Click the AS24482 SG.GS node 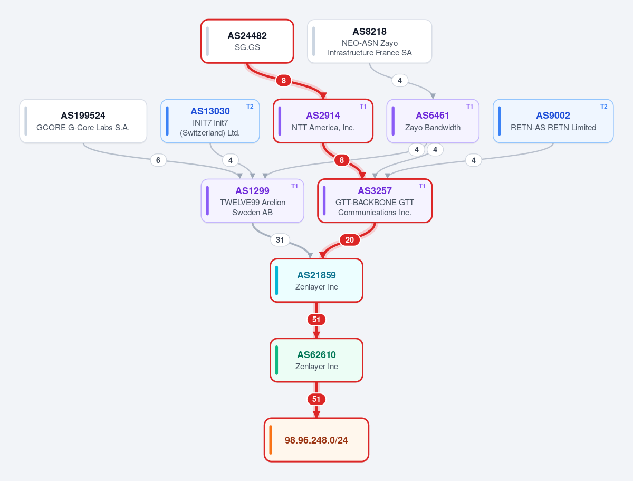pyautogui.click(x=247, y=41)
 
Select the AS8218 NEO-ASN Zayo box pyautogui.click(x=369, y=41)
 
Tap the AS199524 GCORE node pyautogui.click(x=83, y=121)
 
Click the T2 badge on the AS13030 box pyautogui.click(x=250, y=107)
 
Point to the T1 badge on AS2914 pyautogui.click(x=363, y=107)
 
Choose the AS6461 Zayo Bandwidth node pyautogui.click(x=433, y=121)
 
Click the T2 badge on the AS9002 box pyautogui.click(x=603, y=107)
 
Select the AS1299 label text pyautogui.click(x=252, y=190)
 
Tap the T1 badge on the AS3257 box pyautogui.click(x=422, y=186)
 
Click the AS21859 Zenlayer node pyautogui.click(x=316, y=281)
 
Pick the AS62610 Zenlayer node pyautogui.click(x=316, y=360)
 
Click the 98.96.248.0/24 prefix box pyautogui.click(x=316, y=440)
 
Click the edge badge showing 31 pyautogui.click(x=280, y=240)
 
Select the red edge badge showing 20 pyautogui.click(x=350, y=240)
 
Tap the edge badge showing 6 pyautogui.click(x=158, y=160)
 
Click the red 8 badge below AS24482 pyautogui.click(x=284, y=80)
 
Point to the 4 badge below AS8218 pyautogui.click(x=400, y=80)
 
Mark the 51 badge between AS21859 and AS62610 pyautogui.click(x=316, y=320)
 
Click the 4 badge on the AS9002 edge pyautogui.click(x=474, y=160)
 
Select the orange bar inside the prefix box pyautogui.click(x=271, y=440)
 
